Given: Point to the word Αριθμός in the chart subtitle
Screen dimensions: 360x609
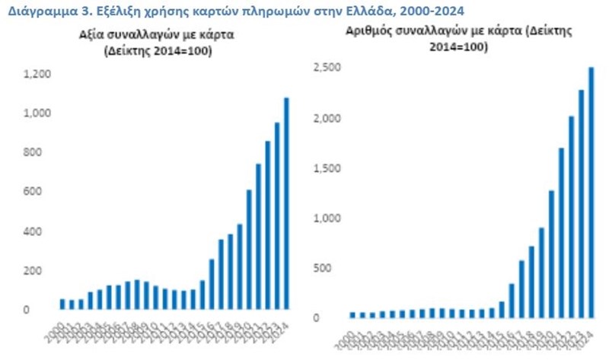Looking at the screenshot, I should [x=369, y=31].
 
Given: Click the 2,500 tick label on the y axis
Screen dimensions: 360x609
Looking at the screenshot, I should [x=326, y=68].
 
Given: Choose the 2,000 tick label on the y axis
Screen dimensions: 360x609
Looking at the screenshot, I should [x=326, y=119].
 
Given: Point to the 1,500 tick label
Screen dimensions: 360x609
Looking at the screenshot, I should [x=326, y=169].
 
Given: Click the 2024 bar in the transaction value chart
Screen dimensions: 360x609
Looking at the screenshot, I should [x=286, y=203].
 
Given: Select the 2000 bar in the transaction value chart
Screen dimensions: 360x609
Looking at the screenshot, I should [x=62, y=304].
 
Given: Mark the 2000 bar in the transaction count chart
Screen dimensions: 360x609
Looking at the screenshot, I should [x=352, y=315].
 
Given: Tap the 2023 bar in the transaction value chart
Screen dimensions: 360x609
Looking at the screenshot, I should [x=277, y=216].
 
